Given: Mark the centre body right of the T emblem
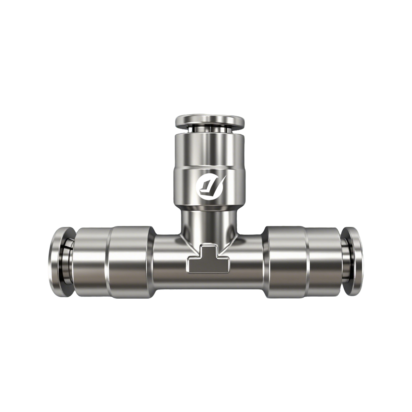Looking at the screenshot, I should click(x=244, y=264).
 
